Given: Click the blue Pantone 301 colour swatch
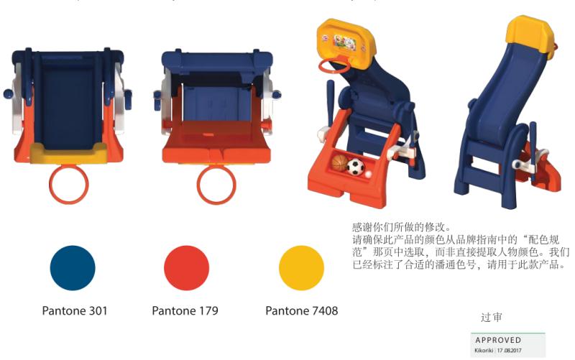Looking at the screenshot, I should [73, 267].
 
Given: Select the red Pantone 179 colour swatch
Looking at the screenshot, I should [186, 267].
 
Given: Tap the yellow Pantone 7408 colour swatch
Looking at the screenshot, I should [301, 267].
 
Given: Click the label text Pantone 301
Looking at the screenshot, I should [75, 311].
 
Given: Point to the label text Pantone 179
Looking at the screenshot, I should [185, 311].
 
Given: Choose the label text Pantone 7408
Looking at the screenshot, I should [301, 311].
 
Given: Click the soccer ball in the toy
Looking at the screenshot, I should [356, 167].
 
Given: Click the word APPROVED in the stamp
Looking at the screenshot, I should [498, 340].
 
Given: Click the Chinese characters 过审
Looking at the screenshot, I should [492, 317].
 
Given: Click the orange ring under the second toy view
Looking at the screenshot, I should [216, 185].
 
